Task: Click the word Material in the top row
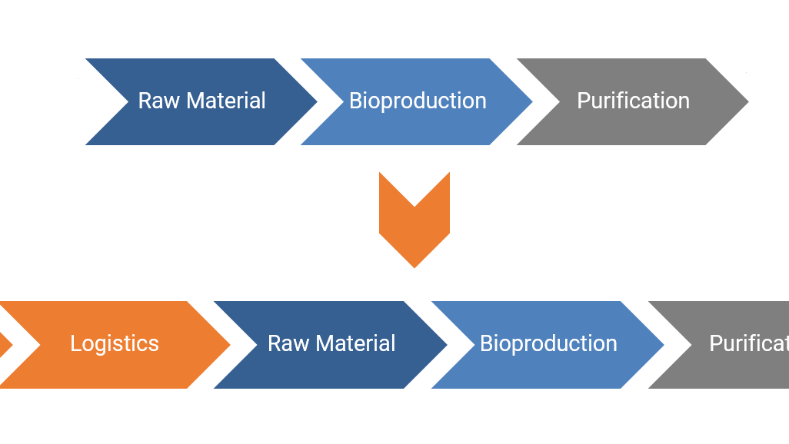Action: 226,101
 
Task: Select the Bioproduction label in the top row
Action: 418,101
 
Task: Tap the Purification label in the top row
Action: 633,101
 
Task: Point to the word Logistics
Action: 115,343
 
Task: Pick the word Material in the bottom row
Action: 356,343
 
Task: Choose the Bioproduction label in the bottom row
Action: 548,343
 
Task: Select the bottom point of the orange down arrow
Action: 414,266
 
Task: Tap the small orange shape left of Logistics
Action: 5,345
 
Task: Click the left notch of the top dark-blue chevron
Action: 128,101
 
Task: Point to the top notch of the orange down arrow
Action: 414,206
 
